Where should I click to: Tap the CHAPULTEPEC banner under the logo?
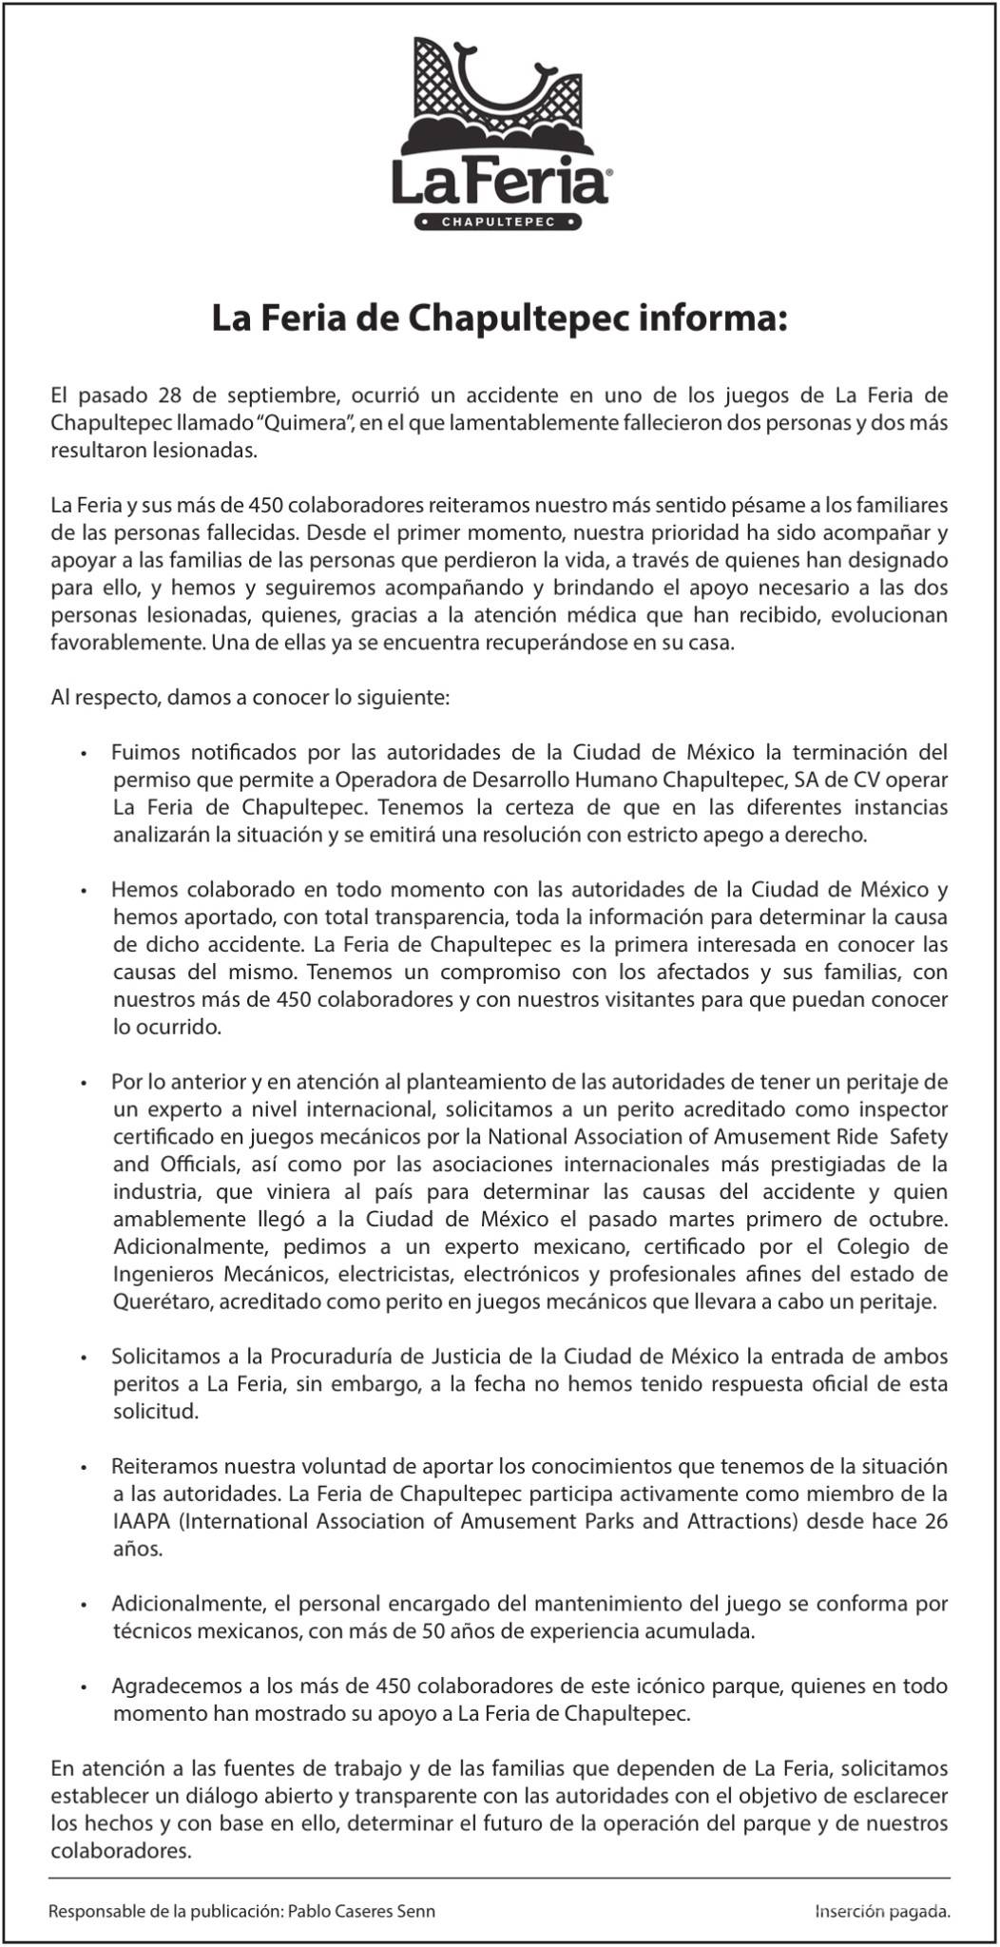499,222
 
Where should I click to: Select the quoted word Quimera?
308,421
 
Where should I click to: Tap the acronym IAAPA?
143,1521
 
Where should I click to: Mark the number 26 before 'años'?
936,1521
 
